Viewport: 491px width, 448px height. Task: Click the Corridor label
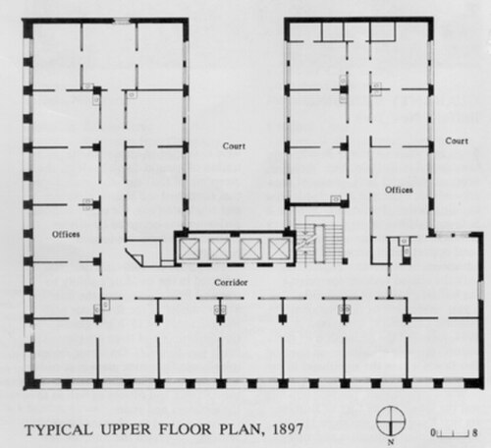pyautogui.click(x=231, y=282)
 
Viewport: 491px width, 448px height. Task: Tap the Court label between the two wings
pyautogui.click(x=234, y=146)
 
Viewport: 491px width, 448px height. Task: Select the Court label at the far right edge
pyautogui.click(x=457, y=140)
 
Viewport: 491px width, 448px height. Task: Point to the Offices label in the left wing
pyautogui.click(x=66, y=234)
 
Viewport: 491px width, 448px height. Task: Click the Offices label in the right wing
pyautogui.click(x=399, y=190)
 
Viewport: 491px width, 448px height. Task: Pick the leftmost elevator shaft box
pyautogui.click(x=189, y=249)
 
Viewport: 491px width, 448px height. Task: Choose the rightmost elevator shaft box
pyautogui.click(x=279, y=249)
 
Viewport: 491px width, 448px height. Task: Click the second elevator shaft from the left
pyautogui.click(x=219, y=249)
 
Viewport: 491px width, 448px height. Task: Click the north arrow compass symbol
pyautogui.click(x=391, y=421)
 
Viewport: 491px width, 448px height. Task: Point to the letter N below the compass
pyautogui.click(x=391, y=442)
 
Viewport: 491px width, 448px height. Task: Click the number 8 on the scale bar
pyautogui.click(x=474, y=433)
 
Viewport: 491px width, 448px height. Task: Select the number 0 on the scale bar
pyautogui.click(x=433, y=433)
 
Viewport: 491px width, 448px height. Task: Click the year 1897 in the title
pyautogui.click(x=288, y=429)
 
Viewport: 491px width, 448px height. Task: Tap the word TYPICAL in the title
pyautogui.click(x=59, y=429)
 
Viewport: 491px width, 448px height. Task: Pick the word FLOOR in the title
pyautogui.click(x=186, y=429)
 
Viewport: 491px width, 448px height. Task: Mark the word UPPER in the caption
pyautogui.click(x=126, y=429)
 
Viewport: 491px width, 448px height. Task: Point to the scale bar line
pyautogui.click(x=454, y=435)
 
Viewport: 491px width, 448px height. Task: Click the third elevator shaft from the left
pyautogui.click(x=250, y=249)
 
